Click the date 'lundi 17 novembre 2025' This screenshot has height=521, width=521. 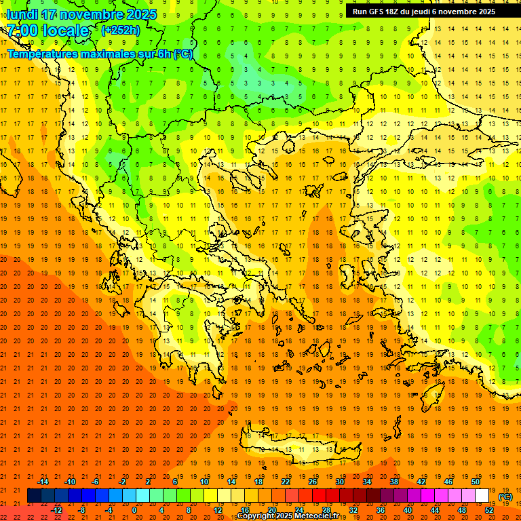pos(81,14)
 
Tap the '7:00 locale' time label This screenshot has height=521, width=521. pos(47,31)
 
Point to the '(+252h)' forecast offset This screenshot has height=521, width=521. pos(121,30)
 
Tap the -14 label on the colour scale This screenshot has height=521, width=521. pos(43,481)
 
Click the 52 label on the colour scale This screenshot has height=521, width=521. pos(489,509)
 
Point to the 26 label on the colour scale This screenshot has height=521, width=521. pos(312,481)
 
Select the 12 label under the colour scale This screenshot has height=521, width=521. pos(218,509)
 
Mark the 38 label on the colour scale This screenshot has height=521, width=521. pos(393,481)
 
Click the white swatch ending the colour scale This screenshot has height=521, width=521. pos(482,495)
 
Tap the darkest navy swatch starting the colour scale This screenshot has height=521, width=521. pos(34,495)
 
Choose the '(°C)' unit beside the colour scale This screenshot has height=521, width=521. pos(505,496)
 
